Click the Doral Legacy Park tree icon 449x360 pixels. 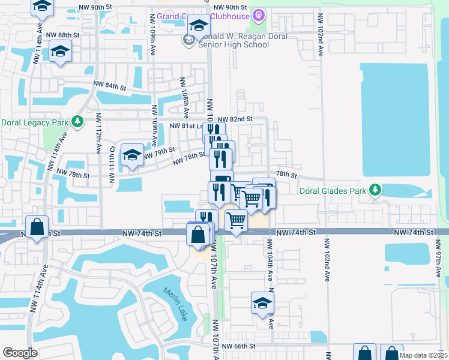coord(77,122)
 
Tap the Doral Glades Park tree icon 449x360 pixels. coord(375,191)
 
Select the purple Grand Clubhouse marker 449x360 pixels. coord(259,14)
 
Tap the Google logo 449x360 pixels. coord(20,352)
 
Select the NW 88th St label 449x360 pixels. coord(59,35)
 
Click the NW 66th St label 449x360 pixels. coord(238,346)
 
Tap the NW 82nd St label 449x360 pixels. coord(235,120)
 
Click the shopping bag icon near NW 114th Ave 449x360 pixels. coord(37,227)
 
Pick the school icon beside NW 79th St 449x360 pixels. coord(132,155)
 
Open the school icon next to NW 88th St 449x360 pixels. coord(60,52)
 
